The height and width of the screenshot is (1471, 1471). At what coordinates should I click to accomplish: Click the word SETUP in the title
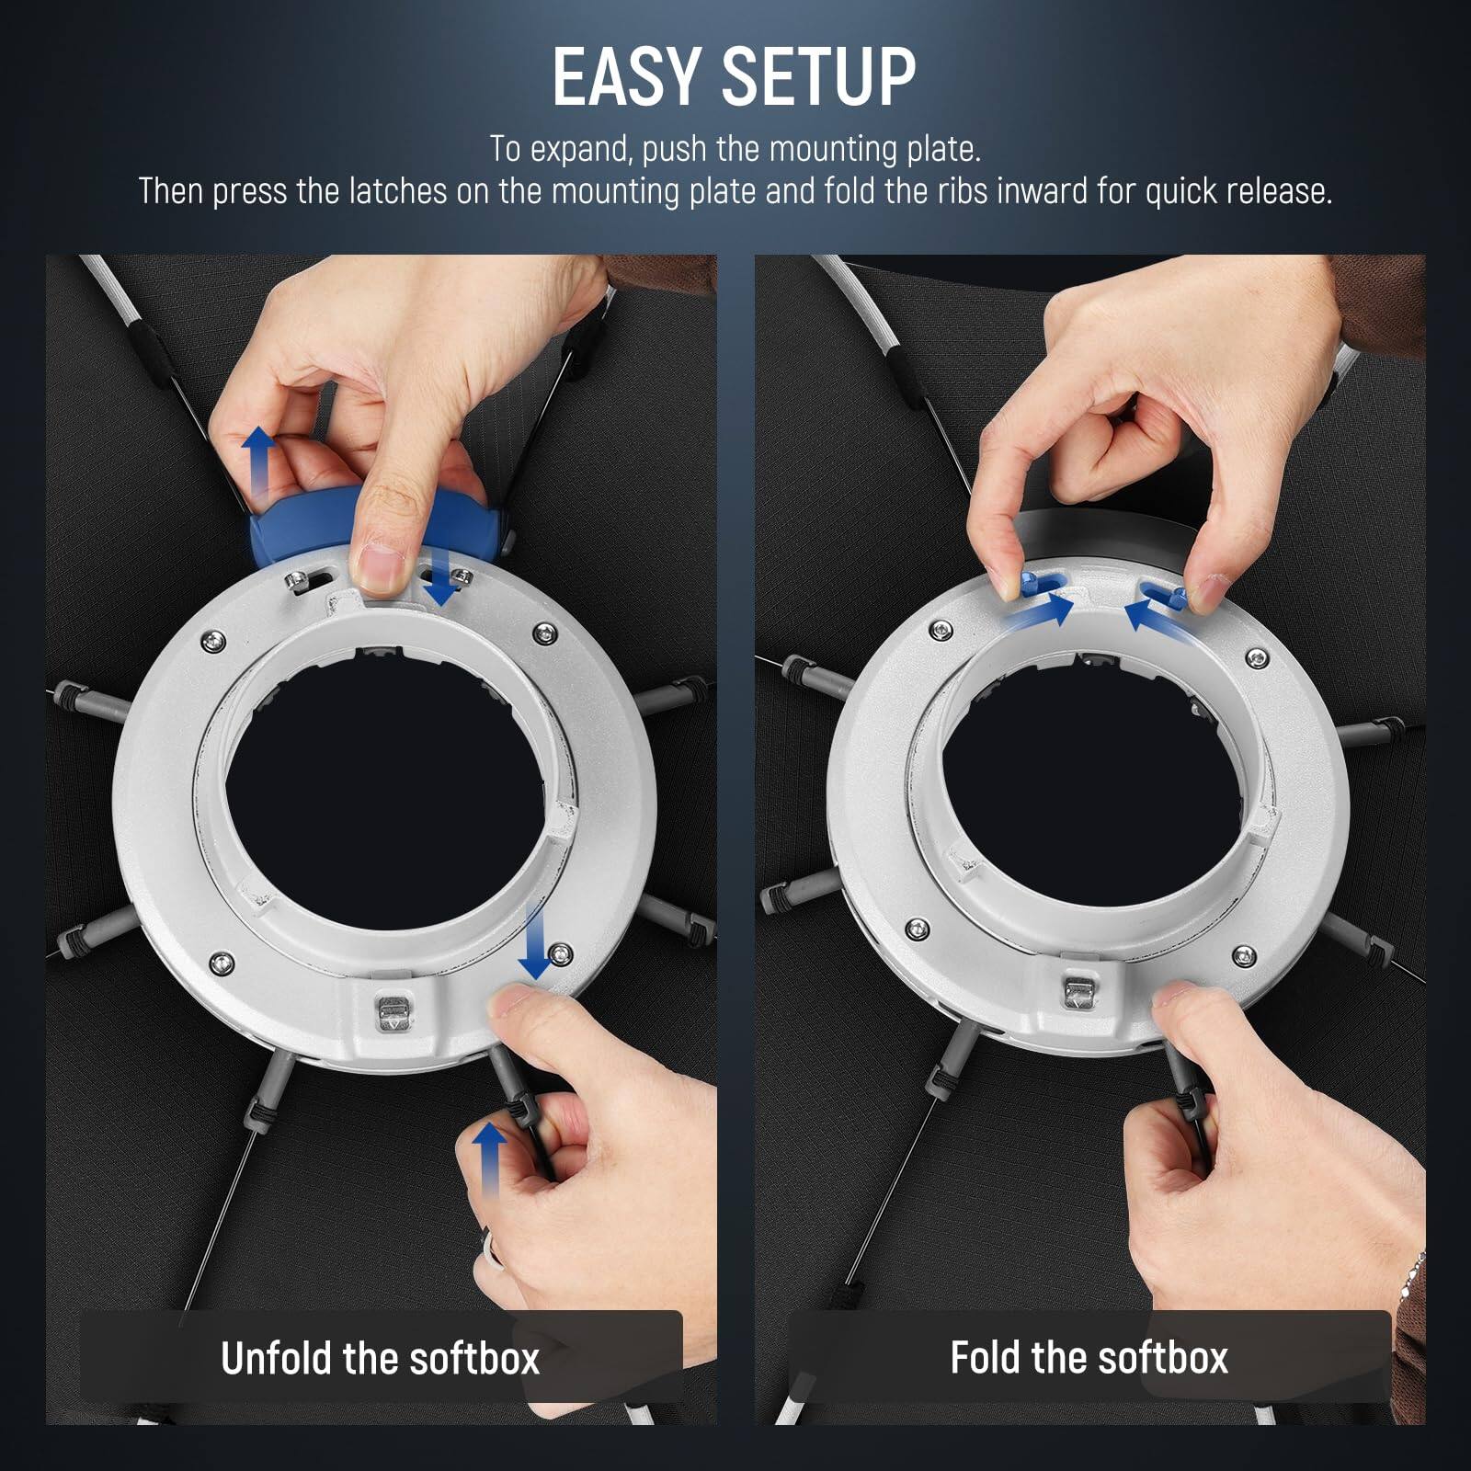coord(818,77)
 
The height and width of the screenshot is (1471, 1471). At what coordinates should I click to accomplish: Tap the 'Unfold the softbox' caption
coord(380,1358)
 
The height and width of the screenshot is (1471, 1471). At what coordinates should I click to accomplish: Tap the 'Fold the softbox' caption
coord(1089,1357)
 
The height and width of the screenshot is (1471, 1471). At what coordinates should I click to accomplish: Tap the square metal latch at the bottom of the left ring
coord(392,1012)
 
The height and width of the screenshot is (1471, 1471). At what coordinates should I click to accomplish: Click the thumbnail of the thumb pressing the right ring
coord(1179,993)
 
